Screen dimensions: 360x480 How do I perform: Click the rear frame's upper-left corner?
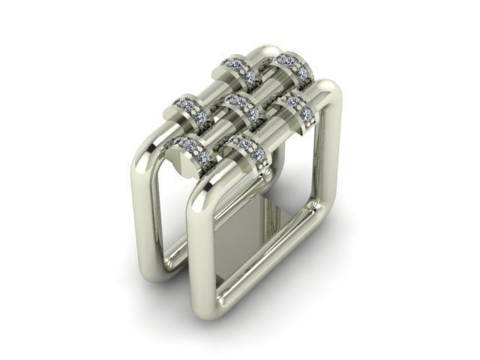pyautogui.click(x=145, y=154)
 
